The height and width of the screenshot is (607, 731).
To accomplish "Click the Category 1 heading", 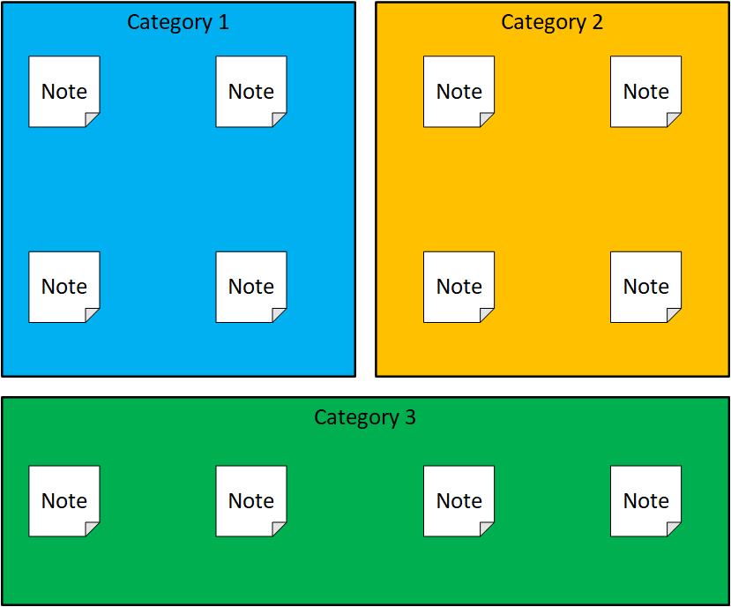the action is pos(178,23).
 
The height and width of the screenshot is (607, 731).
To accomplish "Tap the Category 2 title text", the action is pos(552,23).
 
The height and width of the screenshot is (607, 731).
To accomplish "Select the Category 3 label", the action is pos(364,417).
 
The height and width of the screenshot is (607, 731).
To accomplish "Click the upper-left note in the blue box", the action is pos(64,92).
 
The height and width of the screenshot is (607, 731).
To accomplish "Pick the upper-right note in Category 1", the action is pos(251,92).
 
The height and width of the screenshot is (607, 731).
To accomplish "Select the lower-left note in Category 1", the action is pos(64,287).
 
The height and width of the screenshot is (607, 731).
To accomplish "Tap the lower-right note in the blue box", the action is pos(251,287).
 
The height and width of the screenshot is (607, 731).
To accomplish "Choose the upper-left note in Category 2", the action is pos(459,92).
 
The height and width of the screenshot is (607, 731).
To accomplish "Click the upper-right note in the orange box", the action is pos(645,92).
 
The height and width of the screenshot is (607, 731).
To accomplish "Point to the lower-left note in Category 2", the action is pos(459,287).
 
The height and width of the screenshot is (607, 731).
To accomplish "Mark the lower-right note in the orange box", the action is pos(645,287).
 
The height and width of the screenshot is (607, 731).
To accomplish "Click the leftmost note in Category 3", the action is pos(64,501).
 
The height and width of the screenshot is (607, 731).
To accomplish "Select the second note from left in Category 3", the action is pos(251,501).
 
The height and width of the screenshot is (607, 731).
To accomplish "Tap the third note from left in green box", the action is pos(459,501).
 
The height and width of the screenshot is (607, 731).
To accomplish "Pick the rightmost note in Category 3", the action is pos(645,501).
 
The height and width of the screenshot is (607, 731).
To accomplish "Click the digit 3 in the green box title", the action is pos(410,417).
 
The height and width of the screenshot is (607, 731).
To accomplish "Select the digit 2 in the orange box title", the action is pos(598,22).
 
